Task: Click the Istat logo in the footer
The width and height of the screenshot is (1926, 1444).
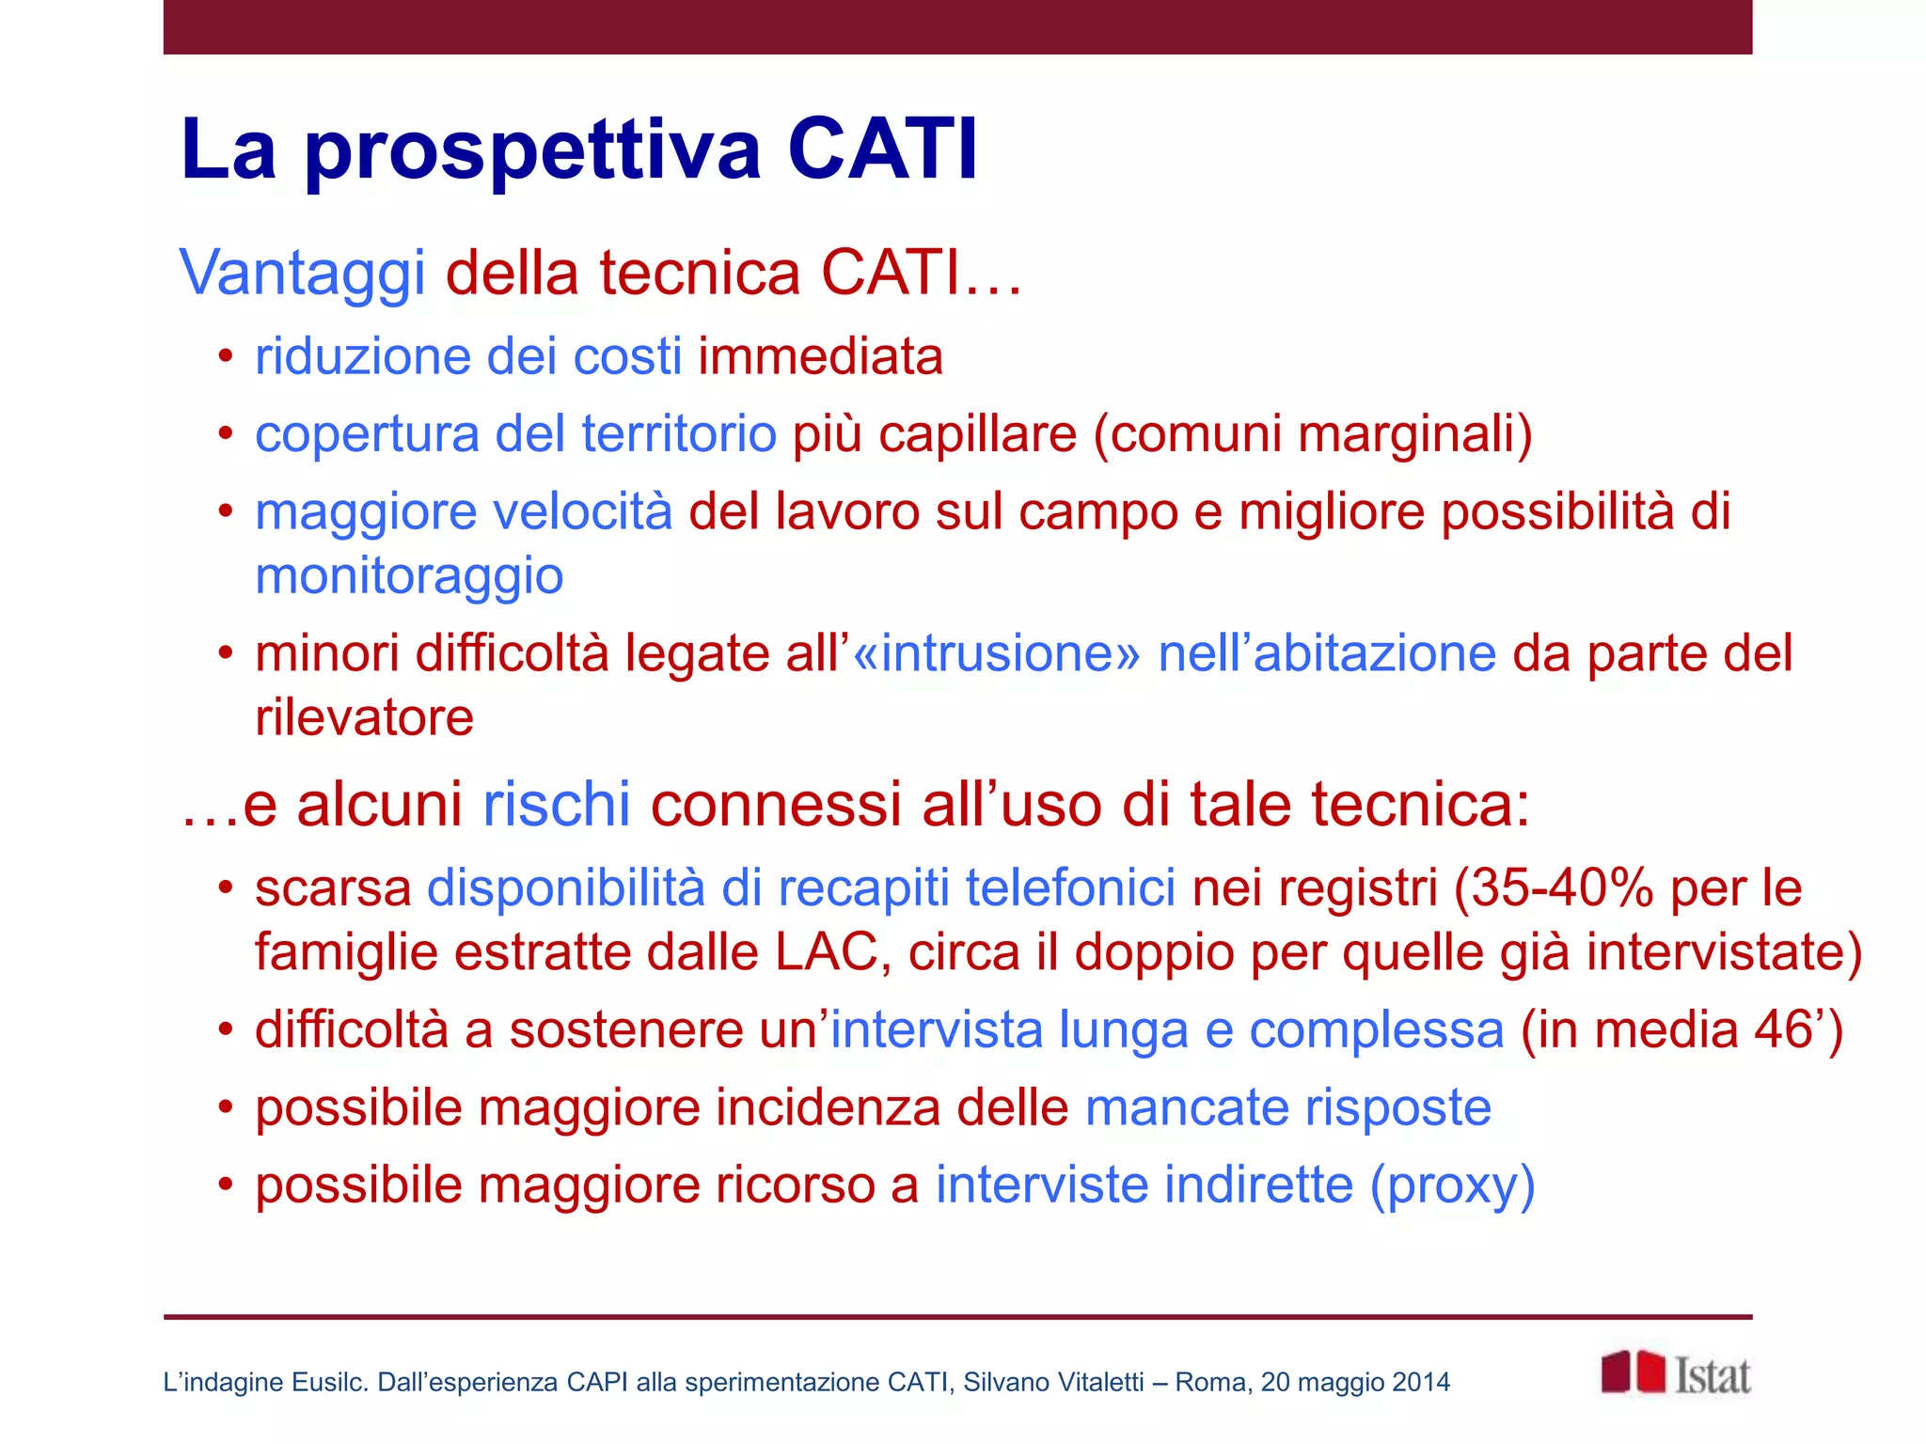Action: pos(1675,1374)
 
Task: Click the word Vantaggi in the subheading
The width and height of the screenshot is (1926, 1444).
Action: pos(303,274)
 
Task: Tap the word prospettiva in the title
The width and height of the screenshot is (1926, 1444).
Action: pos(532,150)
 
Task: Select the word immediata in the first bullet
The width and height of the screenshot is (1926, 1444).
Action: pos(820,357)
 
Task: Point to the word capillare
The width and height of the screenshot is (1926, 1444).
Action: pos(977,434)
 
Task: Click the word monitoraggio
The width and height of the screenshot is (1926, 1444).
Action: pos(409,575)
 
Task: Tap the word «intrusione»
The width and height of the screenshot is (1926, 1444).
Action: pos(996,653)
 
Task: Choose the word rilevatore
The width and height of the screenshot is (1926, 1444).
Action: pos(365,718)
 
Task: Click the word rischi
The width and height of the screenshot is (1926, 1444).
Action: pos(556,805)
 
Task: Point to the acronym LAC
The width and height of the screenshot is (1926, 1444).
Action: pos(826,952)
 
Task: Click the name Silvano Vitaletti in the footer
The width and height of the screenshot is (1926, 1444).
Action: pos(1053,1382)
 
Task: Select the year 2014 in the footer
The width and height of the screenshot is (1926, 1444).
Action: pos(1421,1382)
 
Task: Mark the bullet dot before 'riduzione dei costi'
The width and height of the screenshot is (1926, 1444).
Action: pos(225,357)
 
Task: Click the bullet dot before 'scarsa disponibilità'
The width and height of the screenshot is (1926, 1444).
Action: pos(225,888)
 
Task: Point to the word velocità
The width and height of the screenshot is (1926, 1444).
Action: pos(583,512)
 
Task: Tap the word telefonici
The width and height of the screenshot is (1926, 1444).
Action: pos(1070,887)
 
